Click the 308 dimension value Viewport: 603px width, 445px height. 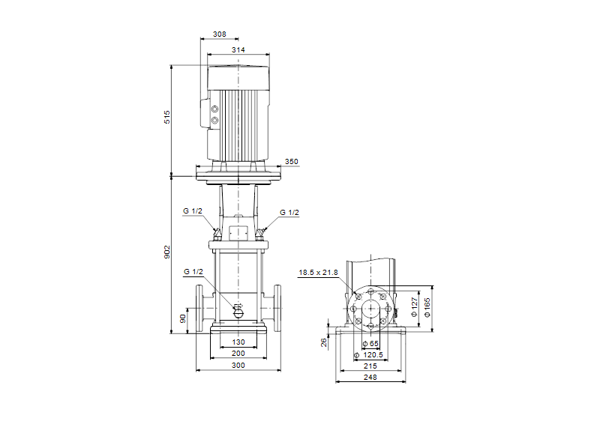(220, 35)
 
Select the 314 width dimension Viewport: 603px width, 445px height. (238, 50)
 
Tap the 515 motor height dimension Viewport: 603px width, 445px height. (168, 117)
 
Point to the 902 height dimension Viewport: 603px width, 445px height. (168, 253)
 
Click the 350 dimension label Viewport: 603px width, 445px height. (292, 162)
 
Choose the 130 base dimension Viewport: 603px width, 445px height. (238, 342)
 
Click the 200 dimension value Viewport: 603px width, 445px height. (238, 353)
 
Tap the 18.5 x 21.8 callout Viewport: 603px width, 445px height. (318, 273)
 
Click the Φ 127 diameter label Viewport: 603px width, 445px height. (415, 305)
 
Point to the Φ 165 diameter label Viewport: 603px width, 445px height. (427, 305)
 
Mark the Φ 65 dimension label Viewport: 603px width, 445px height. (370, 343)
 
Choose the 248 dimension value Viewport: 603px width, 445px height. (370, 378)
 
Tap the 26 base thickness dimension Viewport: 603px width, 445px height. (324, 342)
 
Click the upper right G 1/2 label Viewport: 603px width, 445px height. (289, 213)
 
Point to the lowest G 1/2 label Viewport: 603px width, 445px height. (193, 271)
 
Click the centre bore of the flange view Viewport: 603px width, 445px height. (370, 307)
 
